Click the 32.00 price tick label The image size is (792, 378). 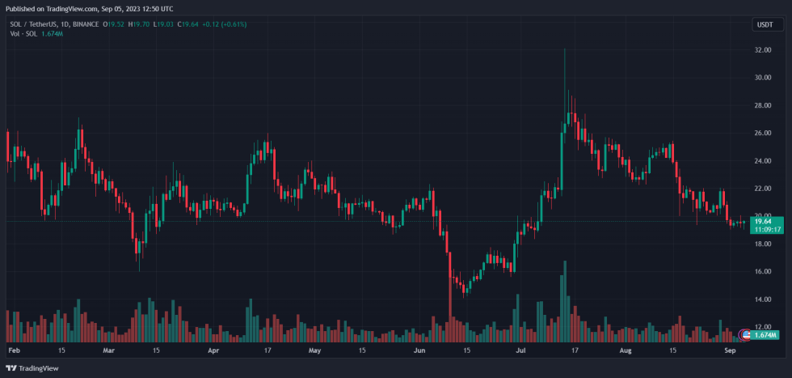[763, 50]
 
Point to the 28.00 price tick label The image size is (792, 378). [763, 105]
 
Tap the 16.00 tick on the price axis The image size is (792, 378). [763, 272]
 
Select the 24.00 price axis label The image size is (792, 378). [763, 161]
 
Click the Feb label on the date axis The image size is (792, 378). [14, 351]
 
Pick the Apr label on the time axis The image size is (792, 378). [213, 351]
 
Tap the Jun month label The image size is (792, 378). [419, 351]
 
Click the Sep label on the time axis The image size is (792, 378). [730, 351]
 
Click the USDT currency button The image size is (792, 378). [764, 25]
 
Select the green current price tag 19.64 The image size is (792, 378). [765, 220]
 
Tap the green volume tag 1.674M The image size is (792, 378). [765, 334]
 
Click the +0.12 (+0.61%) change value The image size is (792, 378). [224, 24]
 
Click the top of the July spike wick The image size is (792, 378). [563, 49]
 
